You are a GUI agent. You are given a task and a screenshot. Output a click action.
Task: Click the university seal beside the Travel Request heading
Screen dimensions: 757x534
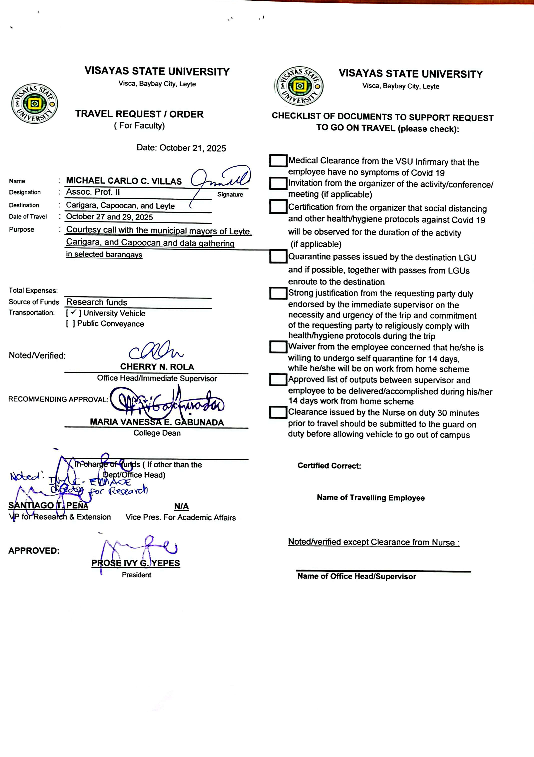pyautogui.click(x=34, y=103)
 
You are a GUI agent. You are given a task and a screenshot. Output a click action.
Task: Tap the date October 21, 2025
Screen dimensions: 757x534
pyautogui.click(x=192, y=148)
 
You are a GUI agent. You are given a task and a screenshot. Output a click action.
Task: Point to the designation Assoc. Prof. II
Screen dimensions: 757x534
pyautogui.click(x=93, y=192)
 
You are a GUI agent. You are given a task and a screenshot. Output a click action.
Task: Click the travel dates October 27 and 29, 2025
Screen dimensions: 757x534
pyautogui.click(x=109, y=217)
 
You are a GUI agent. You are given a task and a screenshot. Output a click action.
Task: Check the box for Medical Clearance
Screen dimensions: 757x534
pyautogui.click(x=278, y=161)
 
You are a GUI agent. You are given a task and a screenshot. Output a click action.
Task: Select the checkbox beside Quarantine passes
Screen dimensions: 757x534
pyautogui.click(x=278, y=256)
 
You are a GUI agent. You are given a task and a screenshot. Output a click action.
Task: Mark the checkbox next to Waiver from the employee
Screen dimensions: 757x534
pyautogui.click(x=278, y=347)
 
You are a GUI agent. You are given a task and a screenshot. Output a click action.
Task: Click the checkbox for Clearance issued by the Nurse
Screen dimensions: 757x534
pyautogui.click(x=278, y=412)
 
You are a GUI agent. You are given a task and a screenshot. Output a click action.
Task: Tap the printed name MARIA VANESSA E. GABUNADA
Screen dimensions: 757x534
pyautogui.click(x=157, y=422)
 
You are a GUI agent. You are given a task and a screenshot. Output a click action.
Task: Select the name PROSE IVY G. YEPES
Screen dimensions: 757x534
pyautogui.click(x=135, y=563)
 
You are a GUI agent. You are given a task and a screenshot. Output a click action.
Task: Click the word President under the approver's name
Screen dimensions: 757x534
pyautogui.click(x=136, y=575)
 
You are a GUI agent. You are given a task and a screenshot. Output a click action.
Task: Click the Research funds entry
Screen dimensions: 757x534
pyautogui.click(x=96, y=302)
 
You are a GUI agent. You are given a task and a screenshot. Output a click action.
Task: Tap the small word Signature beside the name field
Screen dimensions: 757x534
pyautogui.click(x=230, y=194)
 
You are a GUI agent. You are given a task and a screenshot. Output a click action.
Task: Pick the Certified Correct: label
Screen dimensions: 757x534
pyautogui.click(x=329, y=466)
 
